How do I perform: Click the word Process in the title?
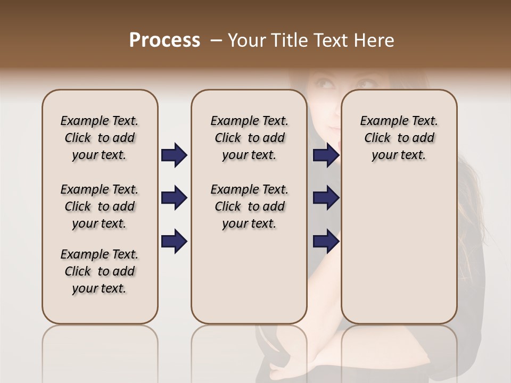[x=164, y=40]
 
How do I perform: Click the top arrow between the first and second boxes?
[x=174, y=155]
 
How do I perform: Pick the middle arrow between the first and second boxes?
[x=174, y=198]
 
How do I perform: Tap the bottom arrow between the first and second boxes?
[x=174, y=241]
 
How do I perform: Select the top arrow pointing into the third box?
[x=326, y=155]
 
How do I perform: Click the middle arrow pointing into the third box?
[x=326, y=198]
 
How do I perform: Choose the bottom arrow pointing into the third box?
[x=326, y=241]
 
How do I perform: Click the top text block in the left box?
[x=100, y=138]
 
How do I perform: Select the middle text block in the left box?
[x=100, y=206]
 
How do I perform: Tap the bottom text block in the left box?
[x=100, y=271]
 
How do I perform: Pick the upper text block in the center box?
[x=249, y=138]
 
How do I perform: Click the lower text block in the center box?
[x=249, y=206]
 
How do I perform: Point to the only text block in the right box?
[x=399, y=138]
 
